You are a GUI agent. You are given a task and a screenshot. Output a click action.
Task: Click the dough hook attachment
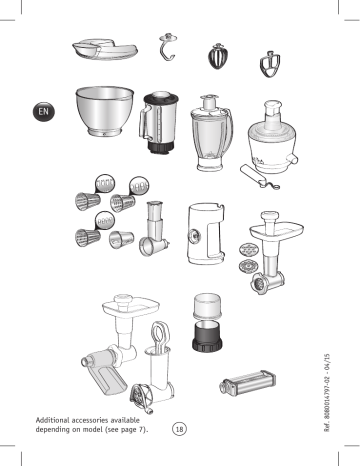166,48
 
